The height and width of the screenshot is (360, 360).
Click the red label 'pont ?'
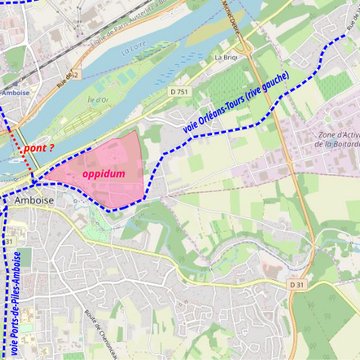tap(39, 148)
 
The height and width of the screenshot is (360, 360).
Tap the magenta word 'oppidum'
tap(103, 173)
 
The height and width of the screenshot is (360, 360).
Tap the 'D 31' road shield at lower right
tap(296, 285)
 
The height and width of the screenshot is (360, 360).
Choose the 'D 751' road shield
tap(179, 92)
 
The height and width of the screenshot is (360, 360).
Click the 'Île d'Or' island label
tap(98, 100)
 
